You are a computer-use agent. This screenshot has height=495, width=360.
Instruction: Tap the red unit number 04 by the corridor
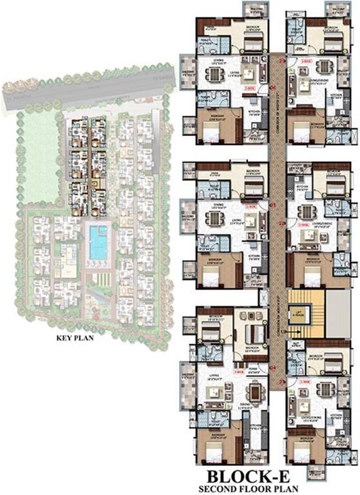[273, 368]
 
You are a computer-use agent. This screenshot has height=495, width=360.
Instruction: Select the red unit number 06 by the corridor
[273, 88]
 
